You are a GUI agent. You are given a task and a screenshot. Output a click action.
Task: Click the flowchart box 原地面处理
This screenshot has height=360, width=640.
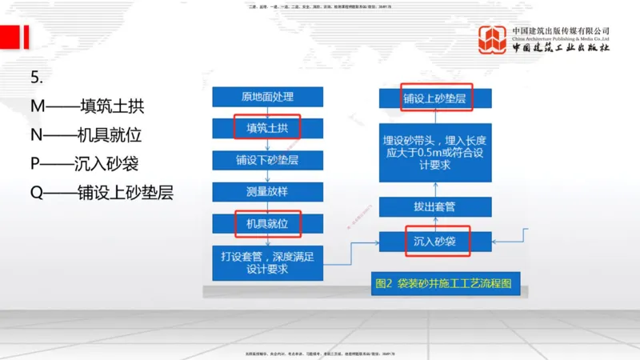[x=267, y=97]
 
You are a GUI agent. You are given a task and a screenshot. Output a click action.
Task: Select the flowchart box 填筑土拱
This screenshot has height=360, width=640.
[x=267, y=128]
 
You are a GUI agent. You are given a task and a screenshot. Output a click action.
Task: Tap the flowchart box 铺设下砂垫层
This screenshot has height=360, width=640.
[x=267, y=160]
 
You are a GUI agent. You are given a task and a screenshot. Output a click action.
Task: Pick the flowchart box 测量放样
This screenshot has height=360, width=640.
[x=267, y=192]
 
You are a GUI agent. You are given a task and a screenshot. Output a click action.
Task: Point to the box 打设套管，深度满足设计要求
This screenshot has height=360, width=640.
[x=267, y=262]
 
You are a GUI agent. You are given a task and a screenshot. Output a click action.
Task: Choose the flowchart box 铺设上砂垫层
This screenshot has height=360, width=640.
[x=434, y=98]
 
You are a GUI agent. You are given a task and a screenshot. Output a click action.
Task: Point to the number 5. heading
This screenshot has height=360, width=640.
[x=36, y=78]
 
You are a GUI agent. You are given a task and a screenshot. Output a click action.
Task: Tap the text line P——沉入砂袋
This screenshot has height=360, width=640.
[x=84, y=164]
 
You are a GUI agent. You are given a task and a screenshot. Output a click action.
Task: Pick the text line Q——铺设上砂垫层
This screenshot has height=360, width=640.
[x=101, y=193]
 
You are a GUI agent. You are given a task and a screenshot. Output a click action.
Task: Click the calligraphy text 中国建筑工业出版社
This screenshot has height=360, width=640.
[x=561, y=47]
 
